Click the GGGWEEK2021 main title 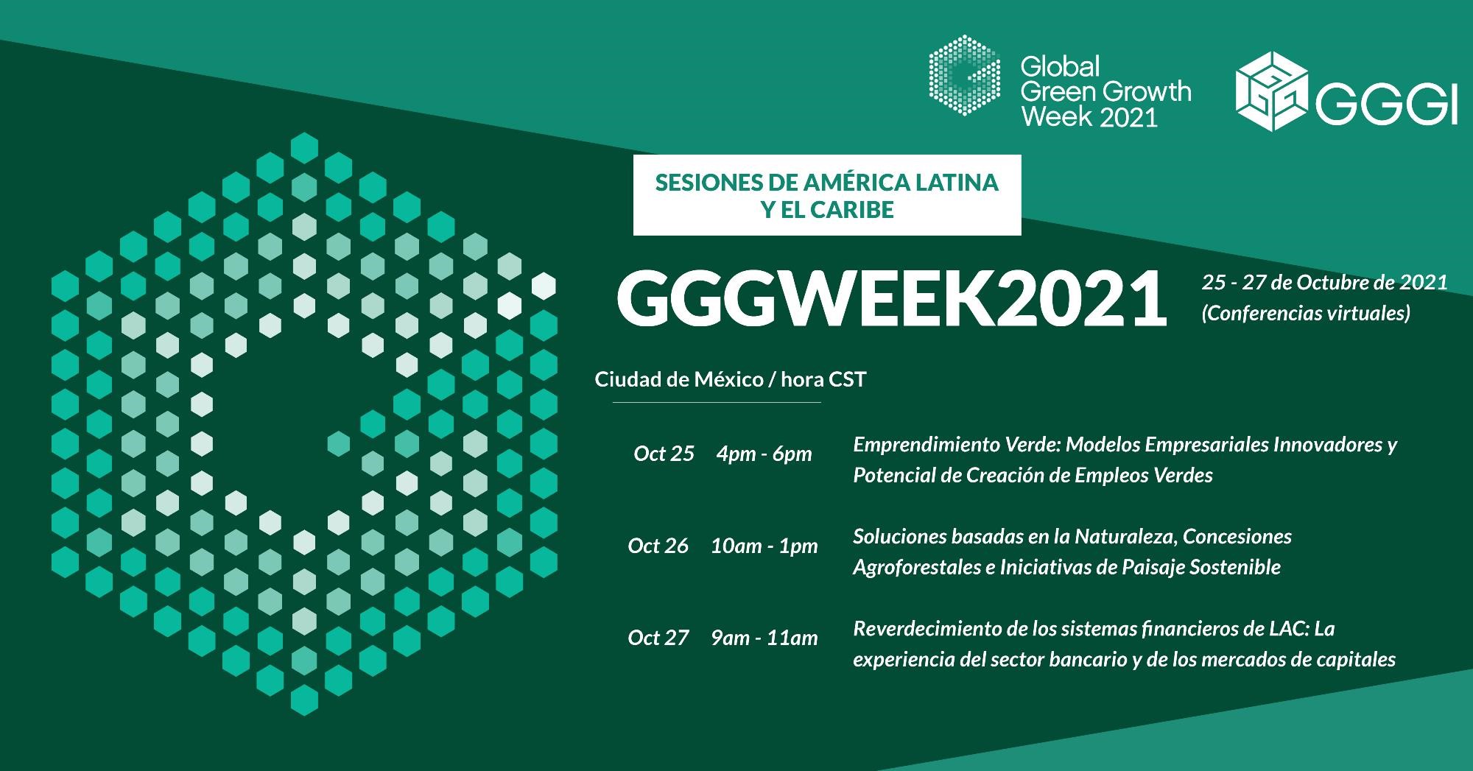pos(892,299)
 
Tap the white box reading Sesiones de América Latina pos(827,195)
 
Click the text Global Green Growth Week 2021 pos(1105,92)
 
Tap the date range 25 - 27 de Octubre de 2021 pos(1325,282)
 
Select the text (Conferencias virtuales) pos(1306,314)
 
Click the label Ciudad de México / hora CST pos(731,379)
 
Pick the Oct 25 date pos(664,454)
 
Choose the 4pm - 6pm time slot pos(764,454)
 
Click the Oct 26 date pos(658,546)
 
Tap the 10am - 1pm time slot pos(764,546)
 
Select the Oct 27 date pos(658,638)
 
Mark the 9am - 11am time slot pos(764,638)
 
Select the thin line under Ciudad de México pos(717,403)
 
